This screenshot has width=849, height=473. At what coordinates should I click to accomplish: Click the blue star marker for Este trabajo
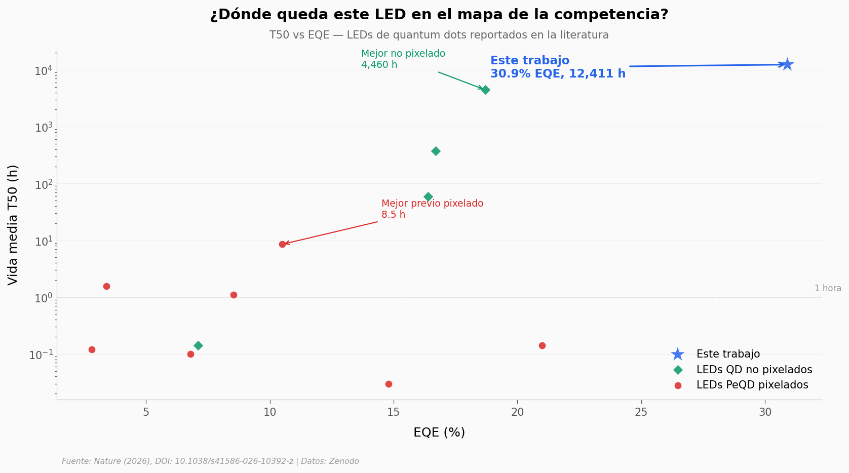(x=787, y=64)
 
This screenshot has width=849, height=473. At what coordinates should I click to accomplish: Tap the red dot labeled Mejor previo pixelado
(x=282, y=244)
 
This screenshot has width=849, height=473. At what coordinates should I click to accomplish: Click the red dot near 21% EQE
(x=542, y=345)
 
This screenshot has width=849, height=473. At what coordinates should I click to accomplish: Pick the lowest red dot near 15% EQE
(x=389, y=384)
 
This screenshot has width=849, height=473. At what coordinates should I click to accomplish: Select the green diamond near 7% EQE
(x=198, y=345)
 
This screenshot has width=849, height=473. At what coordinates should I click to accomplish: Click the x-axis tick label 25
(x=641, y=412)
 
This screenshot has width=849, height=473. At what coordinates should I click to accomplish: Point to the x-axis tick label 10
(x=269, y=412)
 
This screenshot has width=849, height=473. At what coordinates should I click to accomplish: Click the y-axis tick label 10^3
(x=44, y=128)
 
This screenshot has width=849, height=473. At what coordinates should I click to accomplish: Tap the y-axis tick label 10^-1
(x=41, y=355)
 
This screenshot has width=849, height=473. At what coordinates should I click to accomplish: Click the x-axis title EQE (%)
(x=439, y=432)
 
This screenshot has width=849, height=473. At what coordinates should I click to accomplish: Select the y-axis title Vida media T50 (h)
(x=13, y=225)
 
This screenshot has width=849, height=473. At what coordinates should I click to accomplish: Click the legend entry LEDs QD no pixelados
(x=754, y=370)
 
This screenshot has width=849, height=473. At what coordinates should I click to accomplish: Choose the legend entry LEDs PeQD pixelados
(x=752, y=385)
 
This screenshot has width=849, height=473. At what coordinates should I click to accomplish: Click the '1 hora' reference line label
(x=827, y=288)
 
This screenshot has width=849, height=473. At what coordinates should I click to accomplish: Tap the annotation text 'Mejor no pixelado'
(x=403, y=54)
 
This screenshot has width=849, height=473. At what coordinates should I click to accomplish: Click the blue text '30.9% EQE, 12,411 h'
(x=558, y=74)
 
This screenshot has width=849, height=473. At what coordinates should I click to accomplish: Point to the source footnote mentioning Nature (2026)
(x=210, y=461)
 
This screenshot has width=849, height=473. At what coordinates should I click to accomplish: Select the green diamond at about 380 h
(x=436, y=151)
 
